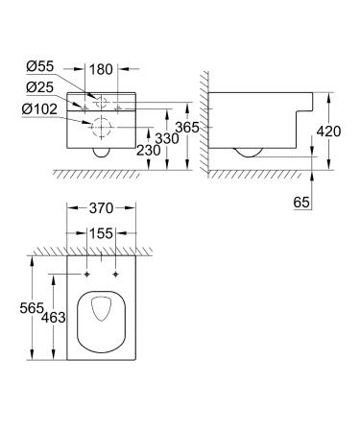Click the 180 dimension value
[x=103, y=70]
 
